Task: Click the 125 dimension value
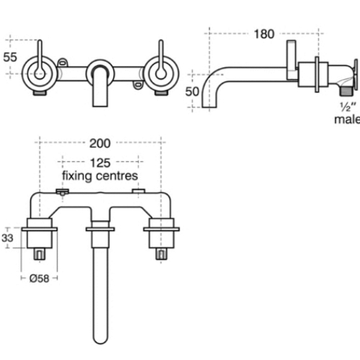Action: [x=100, y=163]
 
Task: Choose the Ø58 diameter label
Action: [x=40, y=276]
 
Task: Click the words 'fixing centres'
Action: [x=100, y=176]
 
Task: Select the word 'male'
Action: [x=346, y=119]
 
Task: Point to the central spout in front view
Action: [x=100, y=79]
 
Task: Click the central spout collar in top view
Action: [x=100, y=230]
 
